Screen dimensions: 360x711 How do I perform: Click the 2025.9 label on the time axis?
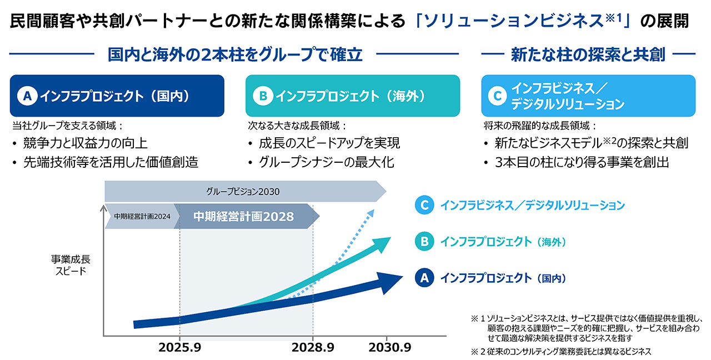[x=180, y=348]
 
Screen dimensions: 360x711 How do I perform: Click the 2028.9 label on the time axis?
[x=313, y=348]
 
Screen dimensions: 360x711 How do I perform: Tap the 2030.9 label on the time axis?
[x=389, y=348]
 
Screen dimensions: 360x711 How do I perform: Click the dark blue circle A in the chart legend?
[x=424, y=278]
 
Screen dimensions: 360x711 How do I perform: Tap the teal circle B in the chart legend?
[x=424, y=242]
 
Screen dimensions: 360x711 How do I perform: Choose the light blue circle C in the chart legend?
[x=424, y=206]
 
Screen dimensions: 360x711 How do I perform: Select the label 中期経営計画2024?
[x=142, y=217]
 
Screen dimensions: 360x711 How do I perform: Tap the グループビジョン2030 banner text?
[x=243, y=192]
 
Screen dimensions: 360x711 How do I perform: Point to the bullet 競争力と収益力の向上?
[x=85, y=143]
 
